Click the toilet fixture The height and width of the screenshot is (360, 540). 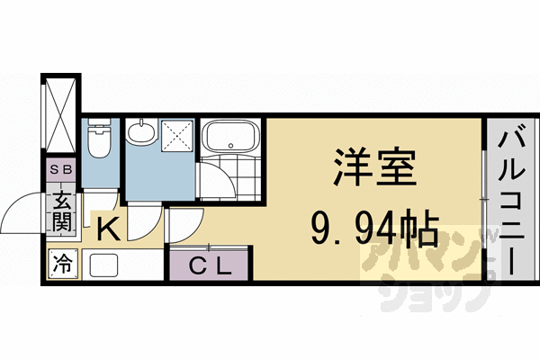[x=99, y=139]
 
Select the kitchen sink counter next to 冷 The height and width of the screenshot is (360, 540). [x=104, y=265]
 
